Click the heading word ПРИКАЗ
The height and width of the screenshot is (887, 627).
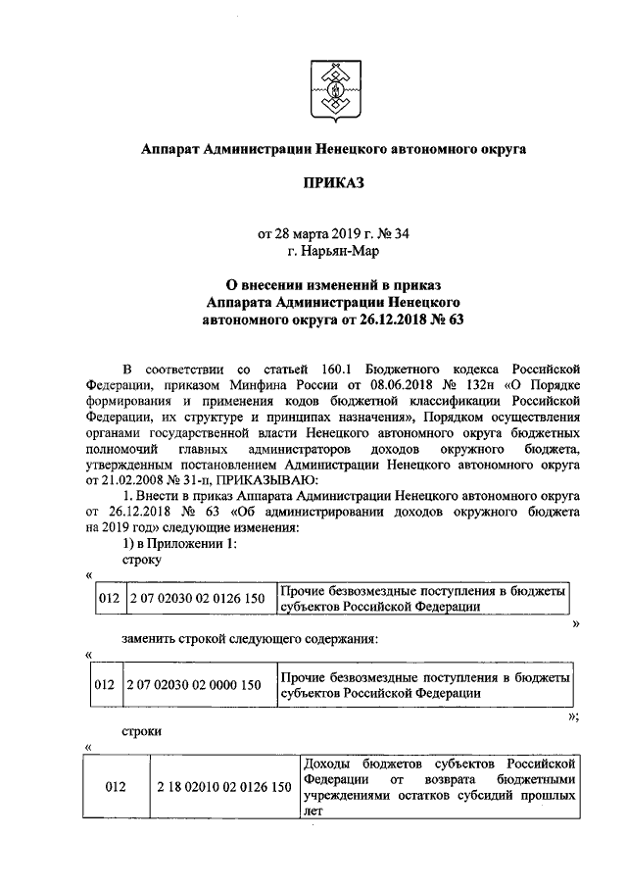tap(333, 183)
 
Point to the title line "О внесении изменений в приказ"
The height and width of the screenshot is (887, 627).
tap(333, 284)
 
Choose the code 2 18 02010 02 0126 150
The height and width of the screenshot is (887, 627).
tap(223, 787)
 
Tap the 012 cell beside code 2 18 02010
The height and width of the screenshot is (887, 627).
tap(115, 787)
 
